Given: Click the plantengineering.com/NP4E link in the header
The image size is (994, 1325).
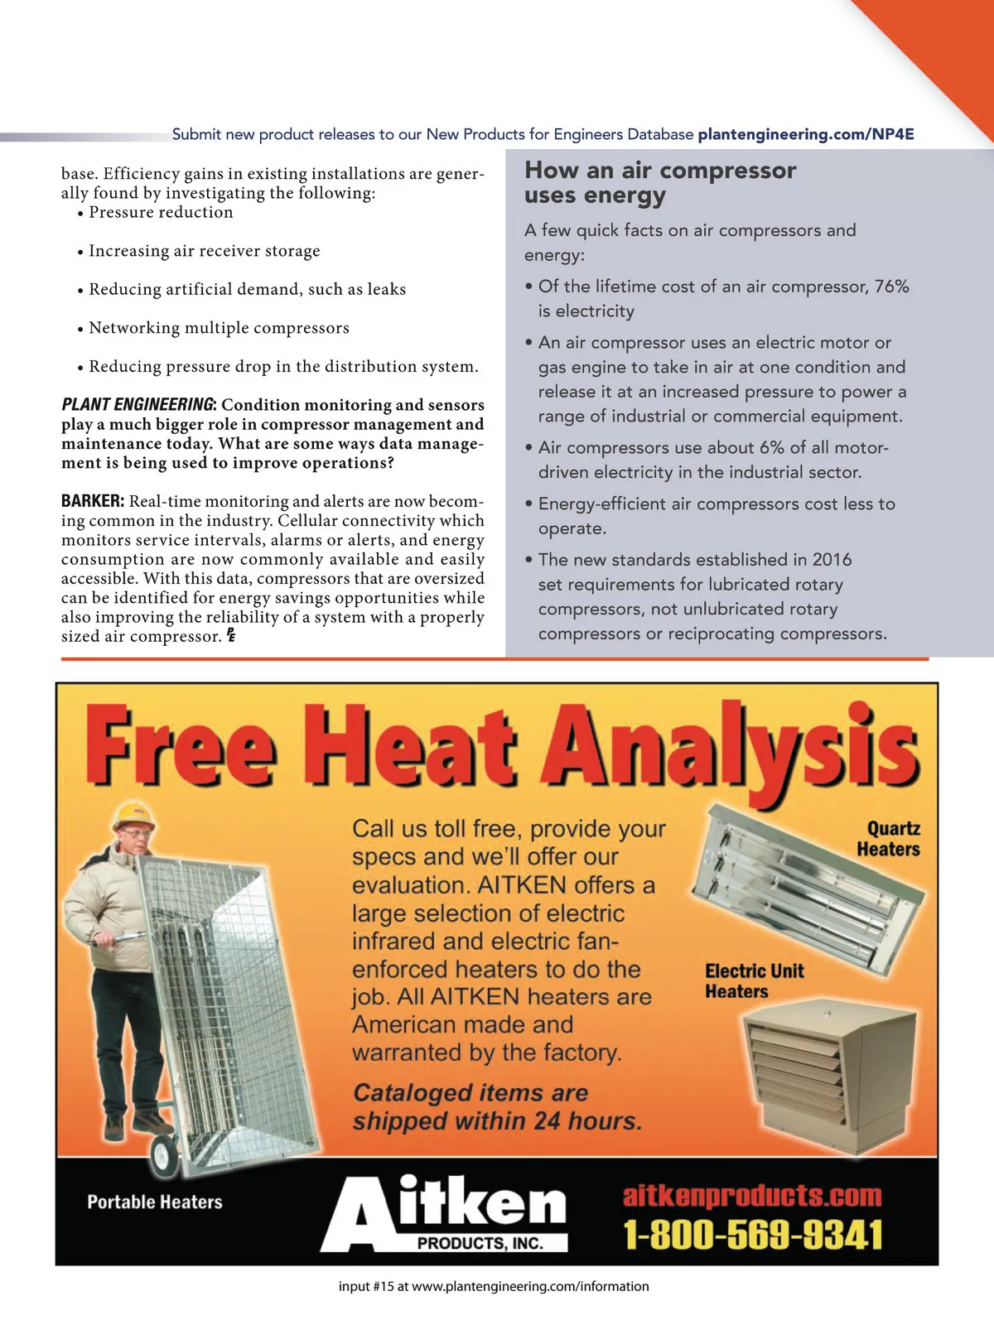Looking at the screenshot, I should point(805,134).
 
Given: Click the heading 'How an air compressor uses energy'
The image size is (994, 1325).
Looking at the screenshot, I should point(659,182).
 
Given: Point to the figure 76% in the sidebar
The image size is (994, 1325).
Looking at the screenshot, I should point(891,287).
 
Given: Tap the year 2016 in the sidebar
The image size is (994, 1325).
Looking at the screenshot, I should point(832,560).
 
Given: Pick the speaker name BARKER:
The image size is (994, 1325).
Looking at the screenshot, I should point(93,501).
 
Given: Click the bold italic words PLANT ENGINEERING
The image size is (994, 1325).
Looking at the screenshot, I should point(138,405).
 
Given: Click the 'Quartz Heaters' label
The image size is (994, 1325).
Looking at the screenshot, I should point(888,839).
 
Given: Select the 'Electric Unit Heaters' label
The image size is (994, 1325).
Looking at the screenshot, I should point(754,981).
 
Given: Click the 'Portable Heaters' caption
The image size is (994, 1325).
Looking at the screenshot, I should point(155,1202).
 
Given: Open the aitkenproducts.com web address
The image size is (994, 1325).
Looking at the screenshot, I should point(752,1196).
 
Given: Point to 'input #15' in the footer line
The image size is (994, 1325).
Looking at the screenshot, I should point(366,1287).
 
